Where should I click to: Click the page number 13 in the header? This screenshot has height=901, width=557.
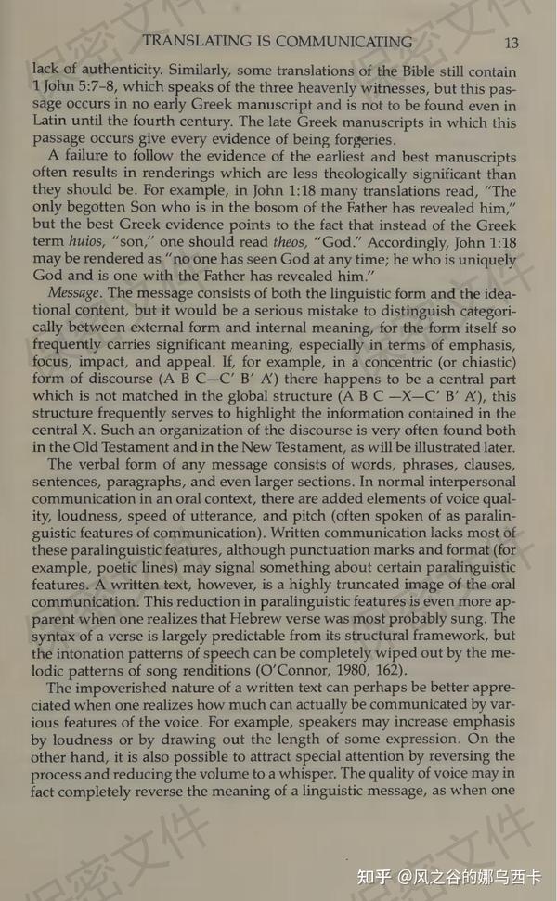[512, 43]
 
